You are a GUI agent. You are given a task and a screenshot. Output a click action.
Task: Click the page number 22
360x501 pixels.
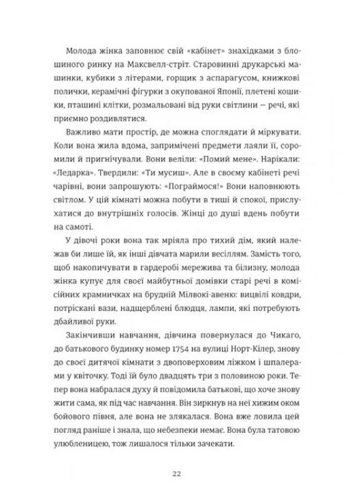click(180, 454)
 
